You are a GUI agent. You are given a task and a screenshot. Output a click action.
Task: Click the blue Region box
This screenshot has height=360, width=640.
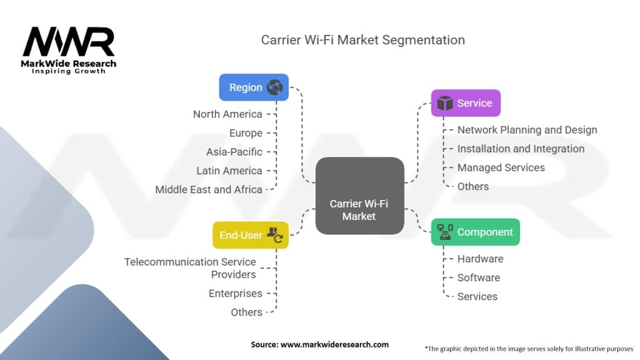254,87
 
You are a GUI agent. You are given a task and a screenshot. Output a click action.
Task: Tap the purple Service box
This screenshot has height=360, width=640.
466,103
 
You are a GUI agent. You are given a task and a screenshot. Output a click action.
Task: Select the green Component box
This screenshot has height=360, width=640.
476,232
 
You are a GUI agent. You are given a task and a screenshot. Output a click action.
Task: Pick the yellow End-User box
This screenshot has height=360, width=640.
251,235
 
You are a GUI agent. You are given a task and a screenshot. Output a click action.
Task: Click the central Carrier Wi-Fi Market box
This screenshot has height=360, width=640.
360,196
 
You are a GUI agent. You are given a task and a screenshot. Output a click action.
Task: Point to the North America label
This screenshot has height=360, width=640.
227,114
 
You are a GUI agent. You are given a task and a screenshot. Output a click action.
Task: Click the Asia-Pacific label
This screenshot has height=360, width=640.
234,152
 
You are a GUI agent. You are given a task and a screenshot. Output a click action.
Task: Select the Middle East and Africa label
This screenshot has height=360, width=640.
209,190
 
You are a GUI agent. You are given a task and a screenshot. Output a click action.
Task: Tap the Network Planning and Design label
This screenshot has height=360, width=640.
527,130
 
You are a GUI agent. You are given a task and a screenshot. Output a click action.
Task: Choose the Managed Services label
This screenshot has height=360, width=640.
501,167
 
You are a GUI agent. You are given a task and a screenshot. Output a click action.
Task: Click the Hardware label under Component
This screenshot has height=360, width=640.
480,259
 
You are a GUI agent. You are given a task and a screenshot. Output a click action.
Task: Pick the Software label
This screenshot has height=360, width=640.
478,277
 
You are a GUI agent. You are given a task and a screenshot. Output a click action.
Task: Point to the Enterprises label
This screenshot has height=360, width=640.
236,294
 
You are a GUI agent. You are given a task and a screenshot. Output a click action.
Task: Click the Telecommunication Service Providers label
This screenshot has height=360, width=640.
190,268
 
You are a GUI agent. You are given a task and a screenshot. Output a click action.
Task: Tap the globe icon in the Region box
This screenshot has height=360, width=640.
275,87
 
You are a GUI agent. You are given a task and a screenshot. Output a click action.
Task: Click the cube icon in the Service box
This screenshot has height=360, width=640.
445,103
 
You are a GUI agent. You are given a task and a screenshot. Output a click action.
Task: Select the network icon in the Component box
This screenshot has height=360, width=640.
445,232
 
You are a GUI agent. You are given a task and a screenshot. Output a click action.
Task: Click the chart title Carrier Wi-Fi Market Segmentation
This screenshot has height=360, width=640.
363,40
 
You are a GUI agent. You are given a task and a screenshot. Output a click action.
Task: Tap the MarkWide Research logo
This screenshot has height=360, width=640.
69,51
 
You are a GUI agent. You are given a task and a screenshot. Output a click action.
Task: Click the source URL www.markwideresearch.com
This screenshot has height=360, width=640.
334,344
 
